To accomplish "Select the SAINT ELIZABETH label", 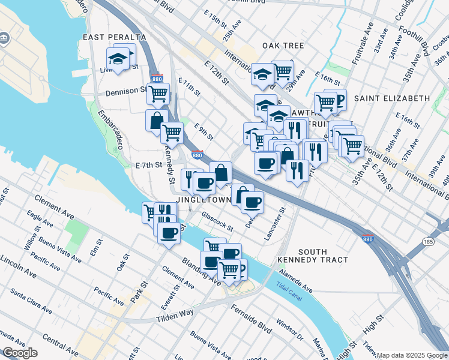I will point(392,98).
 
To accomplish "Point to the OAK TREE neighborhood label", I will point(283,46).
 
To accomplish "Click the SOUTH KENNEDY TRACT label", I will point(313,256).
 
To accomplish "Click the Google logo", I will point(20,353).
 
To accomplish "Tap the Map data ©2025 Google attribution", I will point(412,355).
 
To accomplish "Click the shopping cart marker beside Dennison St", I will point(158,94).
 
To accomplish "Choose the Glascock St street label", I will point(217,221).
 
